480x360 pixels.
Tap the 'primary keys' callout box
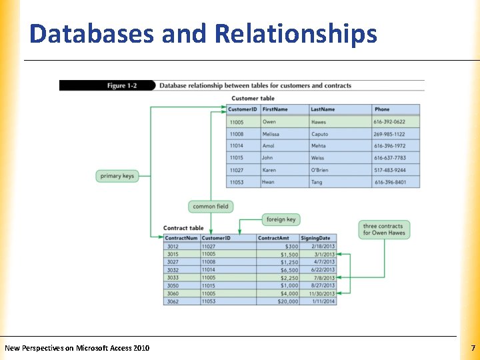117,176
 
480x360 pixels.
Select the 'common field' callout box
211,207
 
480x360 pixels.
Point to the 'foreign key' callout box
281,219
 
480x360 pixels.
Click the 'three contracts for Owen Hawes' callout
383,229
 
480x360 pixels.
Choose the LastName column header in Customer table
323,109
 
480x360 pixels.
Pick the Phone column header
382,109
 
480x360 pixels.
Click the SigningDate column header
315,238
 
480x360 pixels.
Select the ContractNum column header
181,238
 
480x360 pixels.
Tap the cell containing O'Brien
321,170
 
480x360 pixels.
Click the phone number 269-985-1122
389,134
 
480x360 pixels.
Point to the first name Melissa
271,134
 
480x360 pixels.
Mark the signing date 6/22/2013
322,270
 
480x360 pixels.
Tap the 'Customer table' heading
253,99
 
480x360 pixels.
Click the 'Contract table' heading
183,228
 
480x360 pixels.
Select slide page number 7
473,348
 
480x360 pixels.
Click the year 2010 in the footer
141,348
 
